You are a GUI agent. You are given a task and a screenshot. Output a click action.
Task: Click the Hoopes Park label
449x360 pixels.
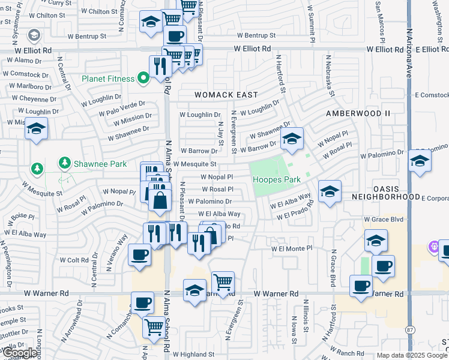pos(276,179)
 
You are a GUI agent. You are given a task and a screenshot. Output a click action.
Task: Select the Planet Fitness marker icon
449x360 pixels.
pos(143,77)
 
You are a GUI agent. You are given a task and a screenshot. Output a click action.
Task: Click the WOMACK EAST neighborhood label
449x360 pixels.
pos(226,95)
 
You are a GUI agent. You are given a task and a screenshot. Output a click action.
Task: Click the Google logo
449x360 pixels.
pos(20,353)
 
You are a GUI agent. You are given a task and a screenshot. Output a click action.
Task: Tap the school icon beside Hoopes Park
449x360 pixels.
pos(292,139)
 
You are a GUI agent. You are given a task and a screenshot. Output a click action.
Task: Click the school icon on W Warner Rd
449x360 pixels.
pos(194,292)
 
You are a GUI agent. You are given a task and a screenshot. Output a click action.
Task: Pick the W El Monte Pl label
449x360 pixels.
pos(292,248)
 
